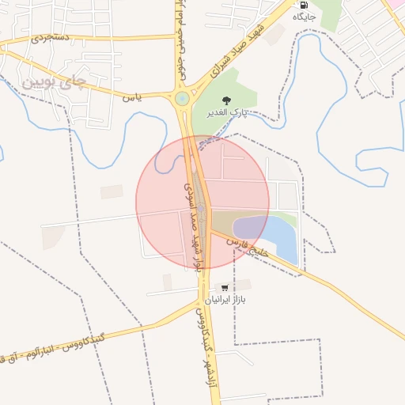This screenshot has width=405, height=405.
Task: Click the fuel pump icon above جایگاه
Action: point(304,4)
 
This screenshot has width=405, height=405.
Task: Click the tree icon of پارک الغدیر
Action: point(227,100)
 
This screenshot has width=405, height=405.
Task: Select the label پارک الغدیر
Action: point(228,113)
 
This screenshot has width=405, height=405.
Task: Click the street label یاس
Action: point(132,97)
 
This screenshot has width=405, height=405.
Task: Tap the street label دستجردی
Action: point(51,36)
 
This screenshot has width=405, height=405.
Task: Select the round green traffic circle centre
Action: point(183,99)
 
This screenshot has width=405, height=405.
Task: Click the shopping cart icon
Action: point(225,288)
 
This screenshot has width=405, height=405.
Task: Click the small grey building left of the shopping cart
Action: point(167,282)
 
